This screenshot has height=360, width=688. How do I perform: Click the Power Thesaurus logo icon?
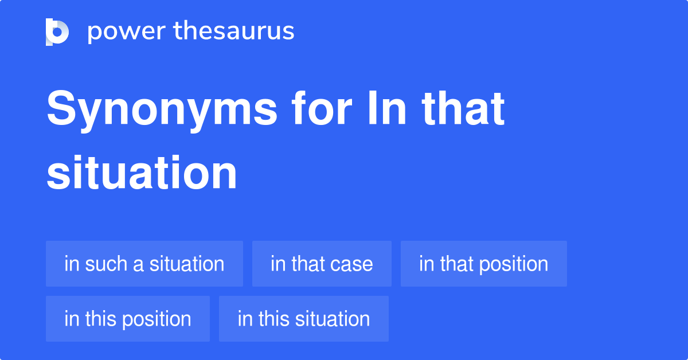coord(57,32)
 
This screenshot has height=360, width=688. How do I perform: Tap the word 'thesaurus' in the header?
coord(234,32)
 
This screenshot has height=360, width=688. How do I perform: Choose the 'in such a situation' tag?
coord(144,264)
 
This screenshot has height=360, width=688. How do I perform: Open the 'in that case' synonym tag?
coord(322,264)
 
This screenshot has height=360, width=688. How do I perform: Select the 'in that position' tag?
coord(483,264)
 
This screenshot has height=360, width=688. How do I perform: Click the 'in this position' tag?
coord(128,319)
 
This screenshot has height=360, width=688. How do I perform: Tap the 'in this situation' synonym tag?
coord(304,319)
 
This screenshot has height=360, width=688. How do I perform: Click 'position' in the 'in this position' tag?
coord(157,319)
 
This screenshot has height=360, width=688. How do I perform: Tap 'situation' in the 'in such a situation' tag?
coord(187,264)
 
